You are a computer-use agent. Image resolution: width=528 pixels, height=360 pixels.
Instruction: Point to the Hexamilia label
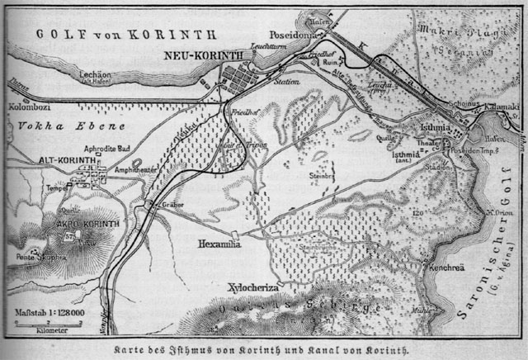pos(223,245)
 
